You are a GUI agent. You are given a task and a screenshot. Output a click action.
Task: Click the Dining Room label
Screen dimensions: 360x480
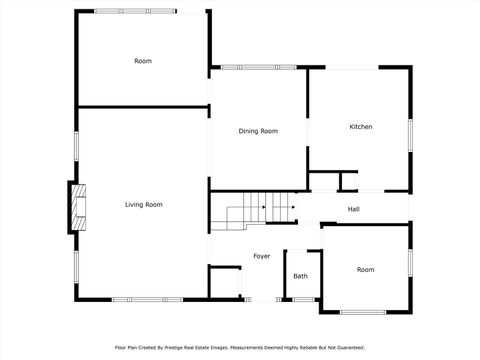[x=257, y=131]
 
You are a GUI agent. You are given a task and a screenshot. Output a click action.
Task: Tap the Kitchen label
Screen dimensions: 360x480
[x=360, y=127]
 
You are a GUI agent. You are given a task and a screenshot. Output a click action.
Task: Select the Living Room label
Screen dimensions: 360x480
[x=143, y=205]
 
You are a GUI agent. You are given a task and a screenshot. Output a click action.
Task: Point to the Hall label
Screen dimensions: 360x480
[x=353, y=209]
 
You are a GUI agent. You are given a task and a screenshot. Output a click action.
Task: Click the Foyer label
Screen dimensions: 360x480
[x=261, y=256]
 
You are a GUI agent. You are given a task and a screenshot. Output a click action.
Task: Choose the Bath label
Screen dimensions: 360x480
[x=300, y=276]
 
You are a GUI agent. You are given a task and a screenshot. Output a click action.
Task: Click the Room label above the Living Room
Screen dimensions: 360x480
[x=143, y=62]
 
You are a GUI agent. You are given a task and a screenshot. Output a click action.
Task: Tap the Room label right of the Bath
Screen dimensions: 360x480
[x=366, y=270]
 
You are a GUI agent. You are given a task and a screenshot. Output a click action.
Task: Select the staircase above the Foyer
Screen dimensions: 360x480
[x=255, y=209]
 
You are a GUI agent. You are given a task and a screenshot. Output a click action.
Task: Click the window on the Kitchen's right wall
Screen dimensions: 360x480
[x=410, y=135]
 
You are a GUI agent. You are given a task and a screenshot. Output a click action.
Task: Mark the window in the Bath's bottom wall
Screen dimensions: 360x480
[x=301, y=299]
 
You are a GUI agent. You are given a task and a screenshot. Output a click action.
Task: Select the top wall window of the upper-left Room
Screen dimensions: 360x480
[x=135, y=11]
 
